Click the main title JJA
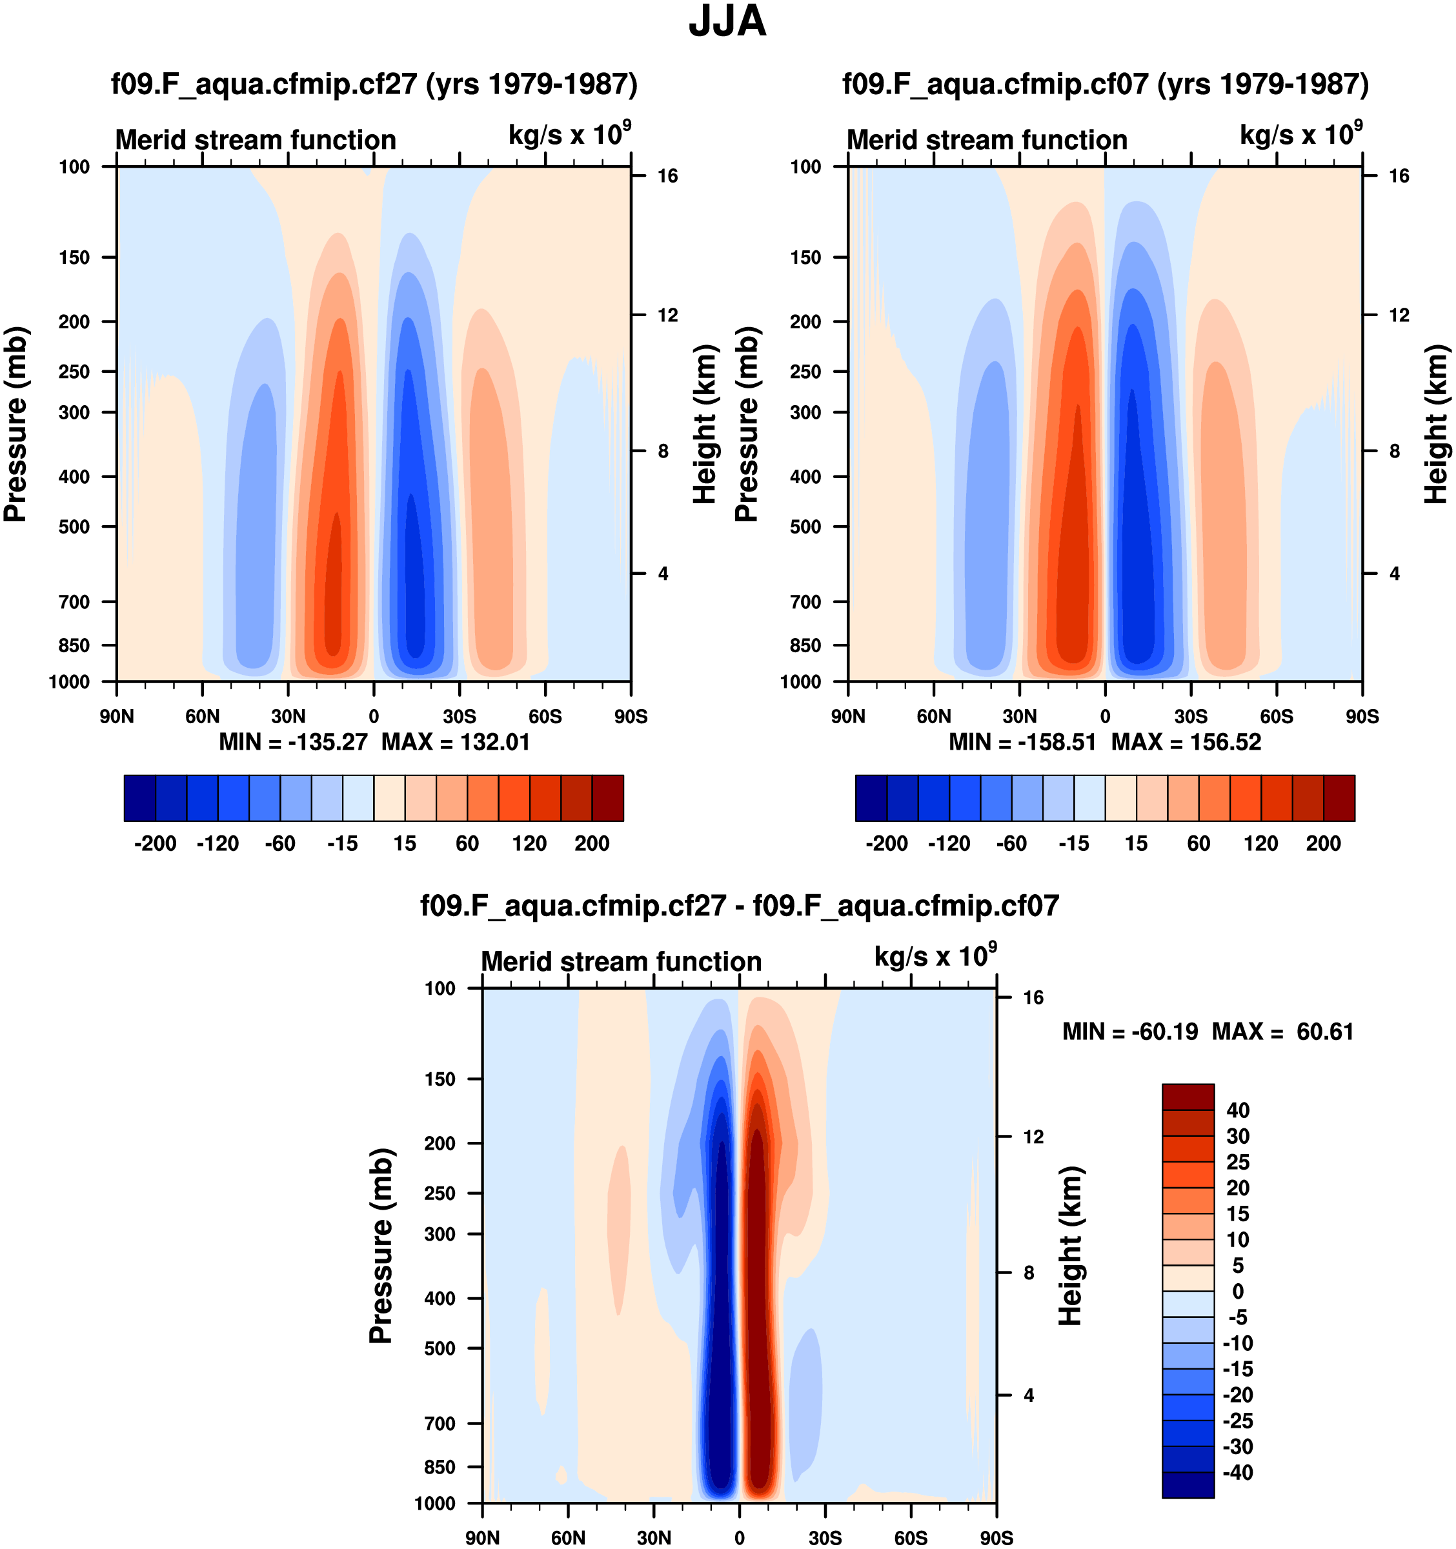coord(727,22)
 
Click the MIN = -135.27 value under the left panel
coord(293,742)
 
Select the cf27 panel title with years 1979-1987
coord(374,84)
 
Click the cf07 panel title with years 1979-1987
coord(1106,84)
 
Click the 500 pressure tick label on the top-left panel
coord(75,526)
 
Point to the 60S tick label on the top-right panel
coord(1277,717)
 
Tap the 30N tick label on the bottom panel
coord(653,1538)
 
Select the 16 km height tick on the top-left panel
coord(667,176)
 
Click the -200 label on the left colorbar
coord(155,844)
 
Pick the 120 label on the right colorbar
coord(1261,844)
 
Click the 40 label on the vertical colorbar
coord(1238,1110)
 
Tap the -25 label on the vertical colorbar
coord(1237,1421)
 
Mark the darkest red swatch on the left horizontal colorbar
coord(608,798)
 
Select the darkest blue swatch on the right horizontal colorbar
coord(871,798)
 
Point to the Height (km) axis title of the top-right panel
coord(1436,424)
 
